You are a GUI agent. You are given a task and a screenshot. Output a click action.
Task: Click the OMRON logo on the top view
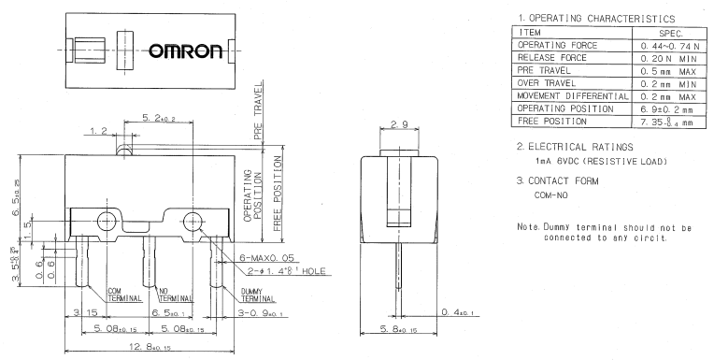click(x=186, y=51)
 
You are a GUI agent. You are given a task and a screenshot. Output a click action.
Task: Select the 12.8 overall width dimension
click(x=150, y=347)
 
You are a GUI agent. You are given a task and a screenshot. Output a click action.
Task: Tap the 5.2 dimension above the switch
click(x=159, y=118)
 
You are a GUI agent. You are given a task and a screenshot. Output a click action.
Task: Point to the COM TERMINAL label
click(x=124, y=295)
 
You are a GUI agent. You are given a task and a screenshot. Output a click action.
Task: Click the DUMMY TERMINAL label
click(x=258, y=295)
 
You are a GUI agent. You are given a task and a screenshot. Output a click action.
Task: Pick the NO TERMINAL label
click(x=176, y=295)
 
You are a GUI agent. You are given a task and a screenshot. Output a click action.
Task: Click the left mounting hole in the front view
click(x=107, y=222)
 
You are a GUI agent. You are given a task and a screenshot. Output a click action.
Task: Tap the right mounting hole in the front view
click(x=193, y=222)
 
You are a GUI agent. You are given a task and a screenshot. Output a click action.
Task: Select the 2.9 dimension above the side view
click(x=399, y=124)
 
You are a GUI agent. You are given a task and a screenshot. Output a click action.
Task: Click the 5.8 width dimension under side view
click(x=398, y=328)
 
